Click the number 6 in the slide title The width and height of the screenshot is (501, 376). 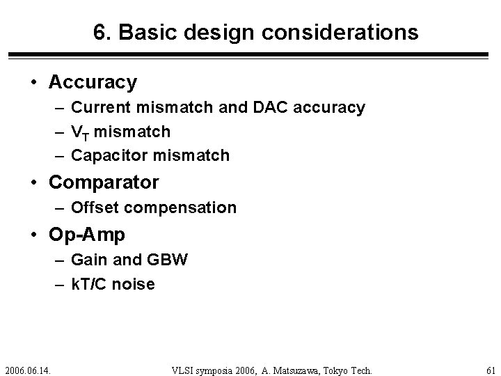100,32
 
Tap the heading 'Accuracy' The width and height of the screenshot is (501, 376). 93,82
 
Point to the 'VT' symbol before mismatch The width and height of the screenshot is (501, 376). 80,132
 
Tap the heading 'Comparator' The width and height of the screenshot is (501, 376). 104,183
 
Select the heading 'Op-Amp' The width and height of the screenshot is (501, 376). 87,235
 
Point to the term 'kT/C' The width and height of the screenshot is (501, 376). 93,284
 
